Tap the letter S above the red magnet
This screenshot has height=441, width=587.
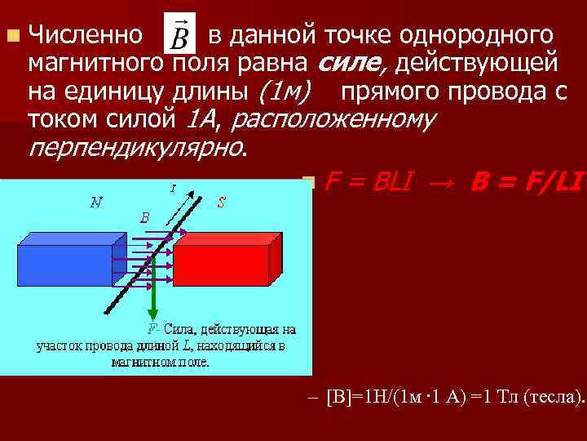[221, 202]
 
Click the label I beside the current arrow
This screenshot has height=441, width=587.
[173, 189]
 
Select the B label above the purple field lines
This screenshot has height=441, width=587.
[144, 218]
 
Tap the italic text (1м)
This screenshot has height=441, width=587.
[280, 91]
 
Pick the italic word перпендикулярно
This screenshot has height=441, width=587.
[135, 148]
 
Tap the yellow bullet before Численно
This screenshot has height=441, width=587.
[11, 36]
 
